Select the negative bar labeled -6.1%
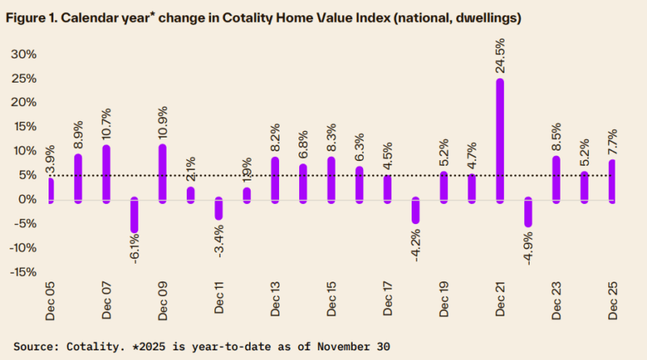click(x=134, y=215)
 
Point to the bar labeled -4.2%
click(x=416, y=210)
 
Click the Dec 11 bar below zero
click(x=218, y=208)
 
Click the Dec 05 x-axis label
click(x=50, y=298)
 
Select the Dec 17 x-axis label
click(x=388, y=298)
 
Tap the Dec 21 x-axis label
click(x=501, y=298)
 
